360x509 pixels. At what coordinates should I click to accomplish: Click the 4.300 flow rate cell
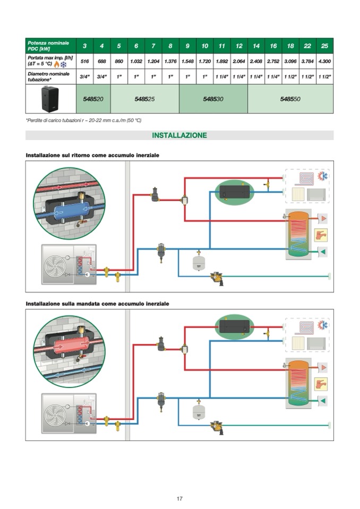click(x=324, y=62)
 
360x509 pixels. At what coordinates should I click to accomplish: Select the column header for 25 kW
click(x=324, y=46)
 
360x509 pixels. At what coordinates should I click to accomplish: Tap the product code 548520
click(x=93, y=99)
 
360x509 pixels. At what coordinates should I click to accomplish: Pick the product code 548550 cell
click(x=290, y=99)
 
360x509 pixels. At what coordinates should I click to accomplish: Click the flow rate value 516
click(x=84, y=62)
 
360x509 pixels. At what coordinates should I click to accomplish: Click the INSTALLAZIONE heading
click(x=179, y=135)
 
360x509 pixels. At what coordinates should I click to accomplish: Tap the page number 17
click(x=179, y=498)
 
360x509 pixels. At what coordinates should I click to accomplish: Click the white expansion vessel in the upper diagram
click(x=199, y=263)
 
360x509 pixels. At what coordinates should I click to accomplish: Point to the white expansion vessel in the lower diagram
click(x=199, y=411)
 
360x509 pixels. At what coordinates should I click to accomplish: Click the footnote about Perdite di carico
click(x=83, y=120)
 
